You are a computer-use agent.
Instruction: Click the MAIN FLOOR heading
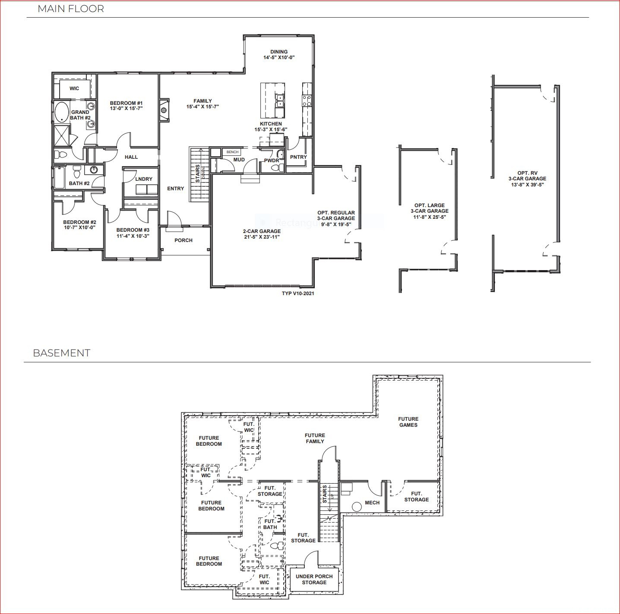point(71,9)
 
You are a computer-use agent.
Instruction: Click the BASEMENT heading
point(61,353)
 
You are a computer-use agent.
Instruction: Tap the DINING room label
point(279,52)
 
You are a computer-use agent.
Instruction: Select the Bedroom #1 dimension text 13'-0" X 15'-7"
point(126,108)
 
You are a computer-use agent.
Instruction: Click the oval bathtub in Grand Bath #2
point(61,112)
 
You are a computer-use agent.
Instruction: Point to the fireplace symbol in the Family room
point(164,110)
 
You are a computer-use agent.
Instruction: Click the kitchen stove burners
point(307,101)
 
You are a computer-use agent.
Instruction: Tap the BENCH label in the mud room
point(232,152)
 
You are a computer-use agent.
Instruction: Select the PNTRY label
point(298,157)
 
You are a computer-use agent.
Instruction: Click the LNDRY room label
point(143,179)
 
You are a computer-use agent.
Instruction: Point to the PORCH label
point(183,240)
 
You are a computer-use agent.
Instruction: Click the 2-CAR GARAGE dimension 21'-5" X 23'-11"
point(262,237)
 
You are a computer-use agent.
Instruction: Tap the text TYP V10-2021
point(298,293)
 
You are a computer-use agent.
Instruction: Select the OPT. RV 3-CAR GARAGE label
point(527,176)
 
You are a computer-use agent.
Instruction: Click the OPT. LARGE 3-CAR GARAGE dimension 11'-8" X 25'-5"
point(430,217)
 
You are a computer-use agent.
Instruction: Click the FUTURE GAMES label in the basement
point(408,422)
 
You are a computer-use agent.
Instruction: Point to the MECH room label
point(372,503)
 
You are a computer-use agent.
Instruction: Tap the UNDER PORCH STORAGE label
point(314,579)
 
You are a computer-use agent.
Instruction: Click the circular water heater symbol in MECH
point(357,507)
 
